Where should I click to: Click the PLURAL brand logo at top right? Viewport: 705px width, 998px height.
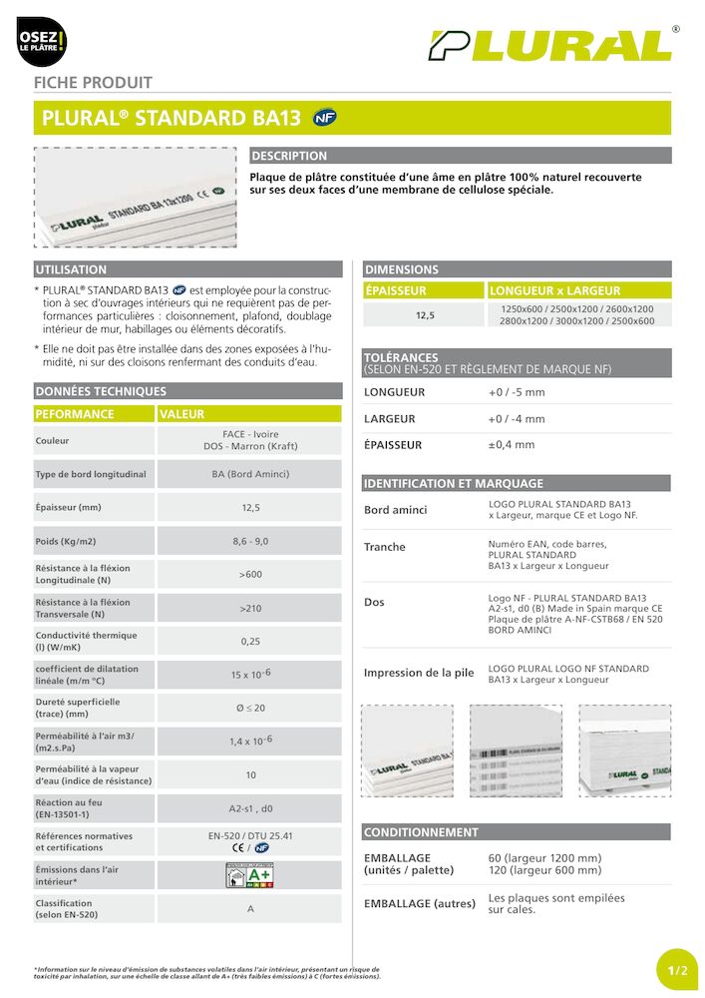click(550, 45)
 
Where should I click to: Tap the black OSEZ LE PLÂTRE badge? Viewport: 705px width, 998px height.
click(42, 42)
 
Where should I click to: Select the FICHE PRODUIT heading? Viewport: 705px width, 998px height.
click(94, 83)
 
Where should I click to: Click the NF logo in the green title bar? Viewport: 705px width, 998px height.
click(324, 117)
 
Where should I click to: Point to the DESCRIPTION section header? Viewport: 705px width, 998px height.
click(289, 156)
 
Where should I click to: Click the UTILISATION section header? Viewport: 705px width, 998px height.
click(71, 269)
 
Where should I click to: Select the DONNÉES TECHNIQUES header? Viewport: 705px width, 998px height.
click(101, 391)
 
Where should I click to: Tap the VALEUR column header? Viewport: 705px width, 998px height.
click(181, 414)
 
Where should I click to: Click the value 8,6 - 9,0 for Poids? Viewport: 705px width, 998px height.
click(250, 541)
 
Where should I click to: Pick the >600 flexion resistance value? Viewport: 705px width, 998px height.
click(250, 574)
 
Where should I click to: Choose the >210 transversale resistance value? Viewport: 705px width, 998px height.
click(250, 608)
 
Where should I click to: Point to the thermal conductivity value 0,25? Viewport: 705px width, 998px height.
click(250, 641)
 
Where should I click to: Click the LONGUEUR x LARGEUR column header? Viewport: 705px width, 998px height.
click(554, 290)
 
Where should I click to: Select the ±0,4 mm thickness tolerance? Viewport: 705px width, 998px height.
click(511, 445)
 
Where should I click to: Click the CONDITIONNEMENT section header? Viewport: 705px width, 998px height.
click(421, 831)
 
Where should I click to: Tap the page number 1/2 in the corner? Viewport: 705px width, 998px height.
click(678, 970)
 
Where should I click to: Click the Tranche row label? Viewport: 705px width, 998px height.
click(385, 547)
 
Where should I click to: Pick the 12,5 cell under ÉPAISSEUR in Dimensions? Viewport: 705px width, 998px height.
click(425, 315)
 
